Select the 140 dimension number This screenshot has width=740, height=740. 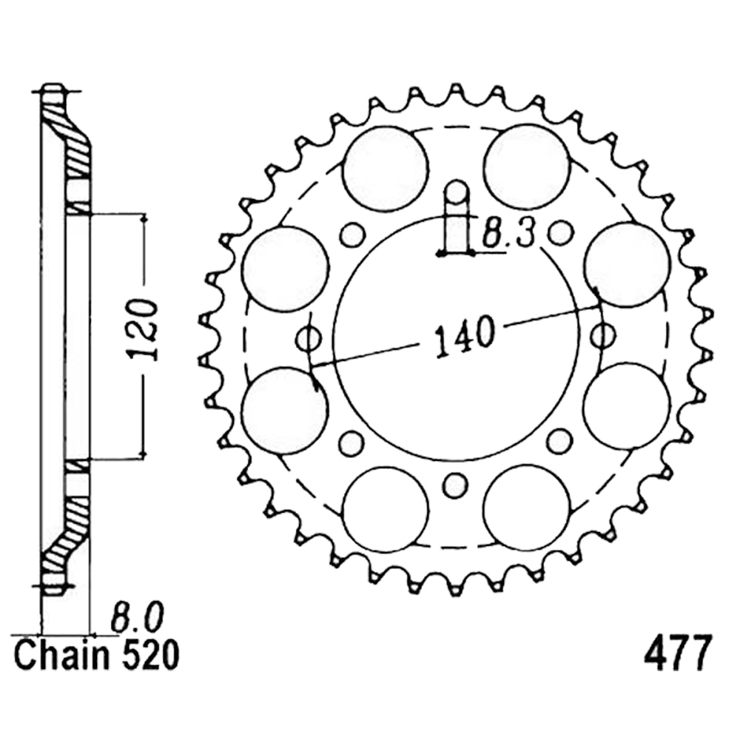[465, 334]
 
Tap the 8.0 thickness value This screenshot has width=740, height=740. [137, 617]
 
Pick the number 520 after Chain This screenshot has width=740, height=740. [151, 656]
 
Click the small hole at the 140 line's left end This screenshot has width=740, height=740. [309, 338]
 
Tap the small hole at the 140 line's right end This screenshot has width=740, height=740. [604, 335]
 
